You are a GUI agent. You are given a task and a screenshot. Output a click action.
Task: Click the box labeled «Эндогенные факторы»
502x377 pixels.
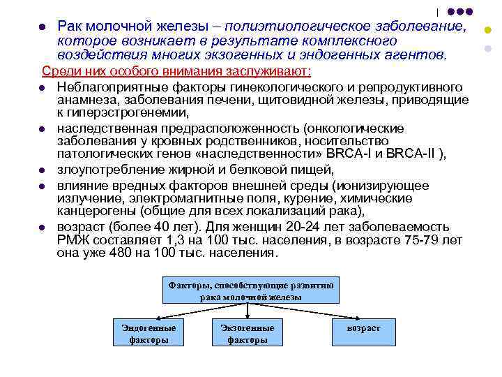coord(149,333)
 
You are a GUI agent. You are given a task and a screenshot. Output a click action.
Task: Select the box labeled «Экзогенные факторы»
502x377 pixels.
coord(248,333)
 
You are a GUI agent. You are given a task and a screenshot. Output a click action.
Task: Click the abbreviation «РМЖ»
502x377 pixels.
coord(75,240)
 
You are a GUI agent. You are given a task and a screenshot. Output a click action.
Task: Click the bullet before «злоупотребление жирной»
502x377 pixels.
coord(43,170)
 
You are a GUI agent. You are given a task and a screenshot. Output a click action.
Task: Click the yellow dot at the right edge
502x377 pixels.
coord(487,30)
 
